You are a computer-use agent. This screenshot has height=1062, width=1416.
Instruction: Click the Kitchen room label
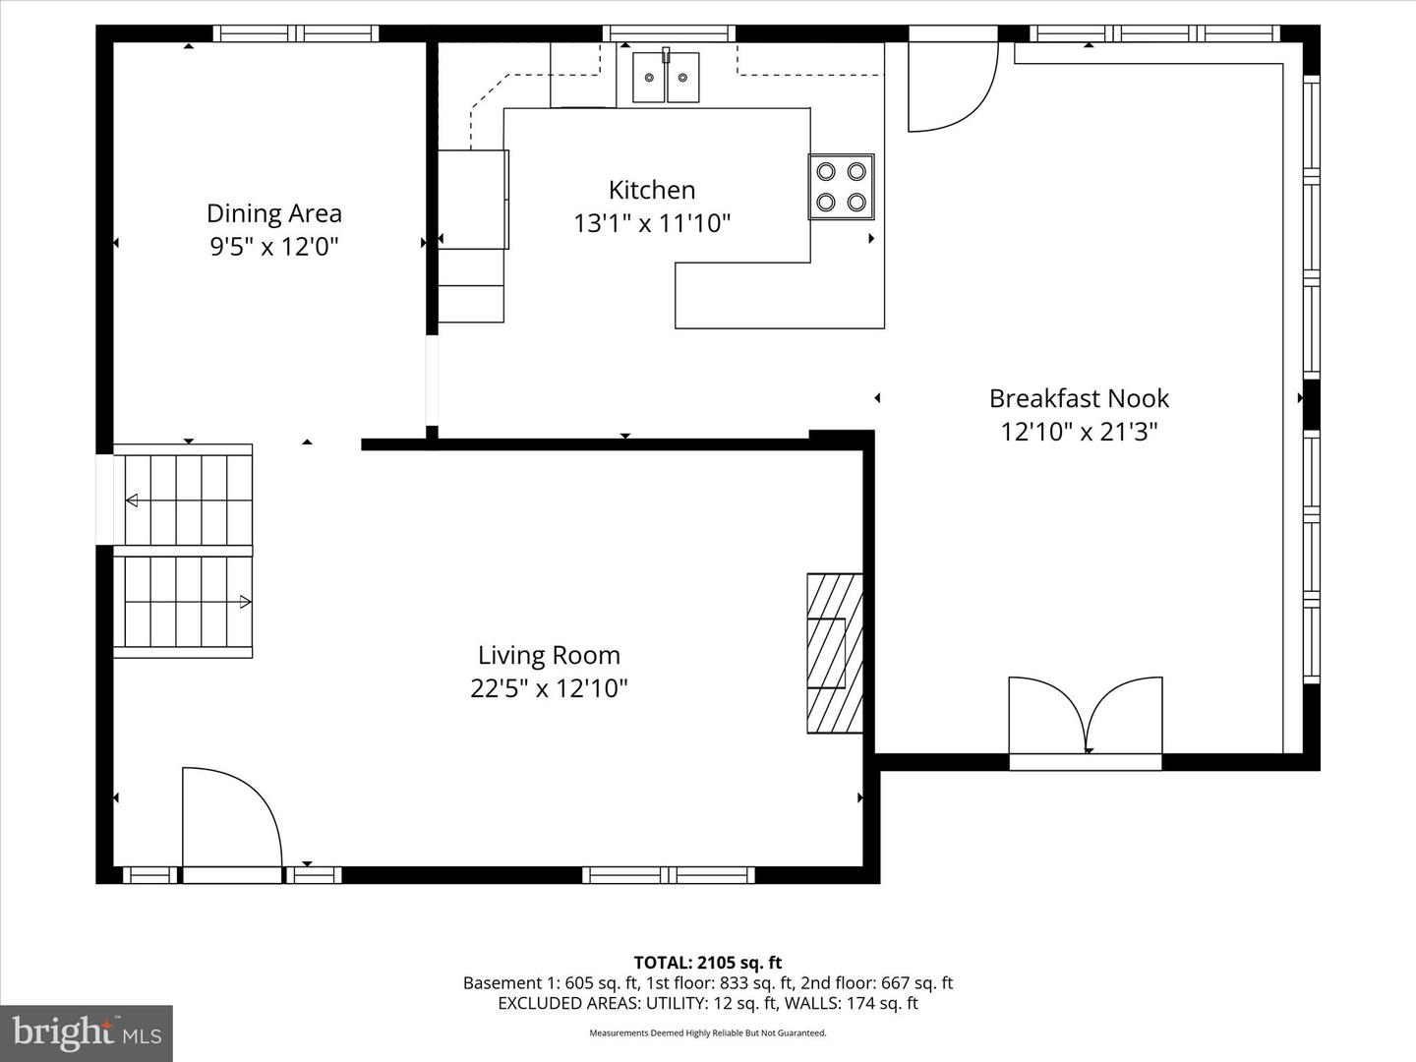coord(651,190)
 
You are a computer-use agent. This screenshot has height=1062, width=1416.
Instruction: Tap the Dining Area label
coord(273,213)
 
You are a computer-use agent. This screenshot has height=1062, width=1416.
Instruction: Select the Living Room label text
coord(549,655)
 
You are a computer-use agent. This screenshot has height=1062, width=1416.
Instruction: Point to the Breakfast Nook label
coord(1079,398)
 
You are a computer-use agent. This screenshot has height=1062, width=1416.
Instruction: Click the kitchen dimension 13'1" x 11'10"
coord(652,223)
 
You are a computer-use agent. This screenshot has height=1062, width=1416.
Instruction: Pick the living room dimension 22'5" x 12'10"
coord(549,688)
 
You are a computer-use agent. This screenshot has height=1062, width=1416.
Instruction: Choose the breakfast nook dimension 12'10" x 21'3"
coord(1079,432)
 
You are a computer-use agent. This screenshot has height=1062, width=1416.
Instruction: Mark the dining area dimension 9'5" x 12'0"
coord(273,246)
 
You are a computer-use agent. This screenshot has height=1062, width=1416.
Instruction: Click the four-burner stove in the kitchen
coord(841,187)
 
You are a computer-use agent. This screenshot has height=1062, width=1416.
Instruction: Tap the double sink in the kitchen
coord(666,78)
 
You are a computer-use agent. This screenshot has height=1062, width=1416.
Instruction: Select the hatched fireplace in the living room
coord(835,653)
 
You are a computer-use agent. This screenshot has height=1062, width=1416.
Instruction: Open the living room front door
coord(232,821)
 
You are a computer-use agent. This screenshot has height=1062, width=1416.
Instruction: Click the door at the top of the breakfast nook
coord(950,84)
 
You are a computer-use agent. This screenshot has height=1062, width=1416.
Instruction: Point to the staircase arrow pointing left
coord(132,501)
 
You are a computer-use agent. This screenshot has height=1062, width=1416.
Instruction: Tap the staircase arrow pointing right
coord(245,602)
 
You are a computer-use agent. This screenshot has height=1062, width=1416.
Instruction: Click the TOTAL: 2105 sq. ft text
coord(707,963)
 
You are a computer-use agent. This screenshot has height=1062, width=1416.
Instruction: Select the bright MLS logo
coord(87,1032)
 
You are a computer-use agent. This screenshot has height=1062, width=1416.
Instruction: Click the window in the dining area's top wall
coord(296,33)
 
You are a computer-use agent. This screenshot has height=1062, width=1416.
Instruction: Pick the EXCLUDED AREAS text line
coord(707,1003)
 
